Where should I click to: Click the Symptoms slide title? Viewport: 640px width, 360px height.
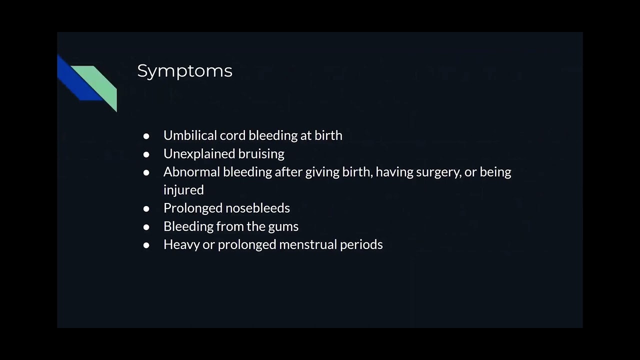tap(184, 71)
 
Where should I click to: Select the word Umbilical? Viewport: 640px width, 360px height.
tap(190, 135)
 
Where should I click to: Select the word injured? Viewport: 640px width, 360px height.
tap(183, 190)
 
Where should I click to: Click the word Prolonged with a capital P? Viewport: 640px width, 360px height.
tap(193, 208)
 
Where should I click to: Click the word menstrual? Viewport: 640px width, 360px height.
tap(307, 244)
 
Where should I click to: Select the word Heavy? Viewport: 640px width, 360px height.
tap(181, 244)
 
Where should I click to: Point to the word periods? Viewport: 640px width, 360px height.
tap(361, 244)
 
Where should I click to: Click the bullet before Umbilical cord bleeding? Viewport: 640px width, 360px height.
tap(146, 136)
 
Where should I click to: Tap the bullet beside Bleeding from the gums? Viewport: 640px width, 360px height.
tap(146, 227)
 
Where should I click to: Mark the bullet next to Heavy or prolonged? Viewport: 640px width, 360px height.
tap(146, 245)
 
